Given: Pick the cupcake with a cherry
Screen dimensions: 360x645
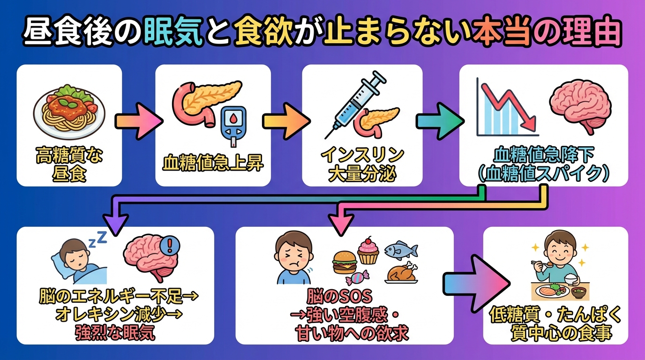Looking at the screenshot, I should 368,250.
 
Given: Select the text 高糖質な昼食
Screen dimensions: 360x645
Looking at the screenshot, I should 69,165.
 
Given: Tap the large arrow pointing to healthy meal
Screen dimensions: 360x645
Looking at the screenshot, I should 476,283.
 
